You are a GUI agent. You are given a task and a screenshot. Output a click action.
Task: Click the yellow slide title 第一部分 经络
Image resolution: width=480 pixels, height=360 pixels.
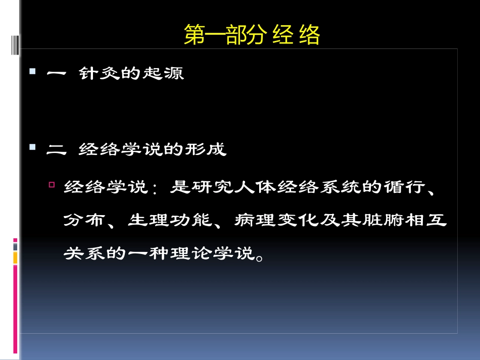(x=252, y=36)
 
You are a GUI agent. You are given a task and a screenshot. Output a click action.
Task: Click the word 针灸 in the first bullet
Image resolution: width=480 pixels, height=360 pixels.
(x=98, y=74)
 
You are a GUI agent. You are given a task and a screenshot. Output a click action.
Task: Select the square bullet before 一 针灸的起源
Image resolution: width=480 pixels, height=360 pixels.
(x=33, y=72)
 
